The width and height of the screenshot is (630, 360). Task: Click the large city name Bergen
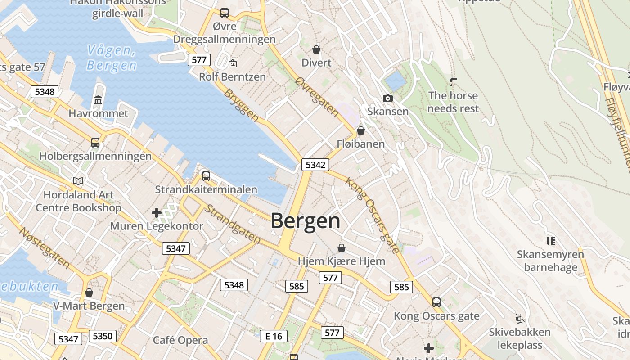tap(306, 221)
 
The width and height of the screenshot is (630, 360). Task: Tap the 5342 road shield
tap(315, 165)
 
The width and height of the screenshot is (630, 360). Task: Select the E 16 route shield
tap(274, 336)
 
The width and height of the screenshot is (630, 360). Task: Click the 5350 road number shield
tap(103, 336)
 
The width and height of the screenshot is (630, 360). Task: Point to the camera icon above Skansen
tap(387, 98)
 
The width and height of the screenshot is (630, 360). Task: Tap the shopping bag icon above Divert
tap(316, 49)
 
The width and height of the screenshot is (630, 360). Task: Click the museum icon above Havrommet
tap(98, 100)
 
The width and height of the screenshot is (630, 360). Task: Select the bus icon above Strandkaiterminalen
tap(206, 176)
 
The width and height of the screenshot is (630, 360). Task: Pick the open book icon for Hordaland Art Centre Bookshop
tap(78, 181)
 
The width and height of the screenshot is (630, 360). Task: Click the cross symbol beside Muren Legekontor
tap(157, 212)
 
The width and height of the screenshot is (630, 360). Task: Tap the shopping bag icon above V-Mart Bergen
tap(89, 292)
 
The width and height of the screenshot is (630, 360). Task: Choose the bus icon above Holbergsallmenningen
tap(95, 142)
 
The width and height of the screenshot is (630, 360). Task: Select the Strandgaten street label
tap(233, 224)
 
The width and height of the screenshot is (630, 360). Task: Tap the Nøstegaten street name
tap(45, 247)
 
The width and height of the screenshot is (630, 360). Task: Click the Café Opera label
tap(180, 340)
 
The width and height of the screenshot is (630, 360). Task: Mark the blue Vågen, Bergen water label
tap(112, 58)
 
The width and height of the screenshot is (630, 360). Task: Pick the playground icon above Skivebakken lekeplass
tap(520, 319)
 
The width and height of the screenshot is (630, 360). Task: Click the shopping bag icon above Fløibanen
tap(361, 130)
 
